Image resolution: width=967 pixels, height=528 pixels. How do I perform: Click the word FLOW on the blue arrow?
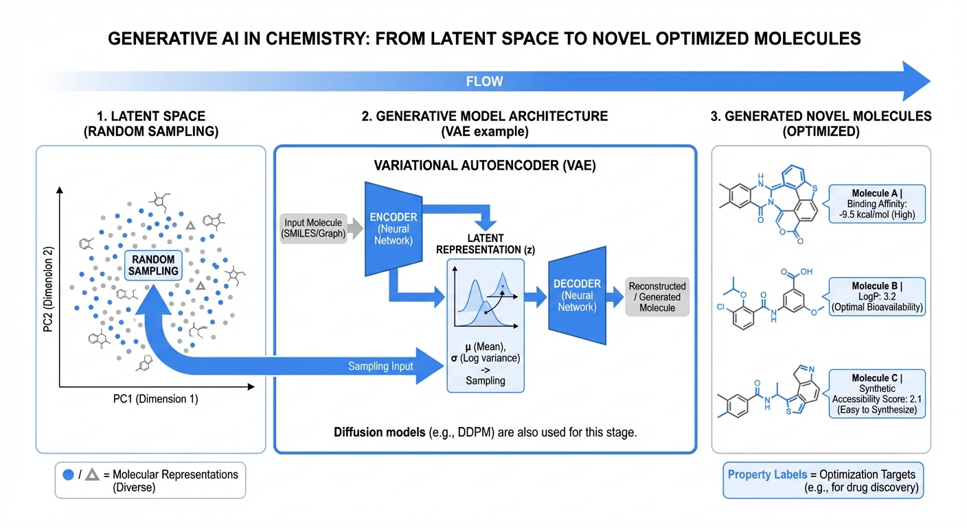click(484, 81)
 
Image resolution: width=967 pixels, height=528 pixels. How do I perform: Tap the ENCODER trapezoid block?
click(389, 228)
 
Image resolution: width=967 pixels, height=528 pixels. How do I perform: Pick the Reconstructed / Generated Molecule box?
click(657, 297)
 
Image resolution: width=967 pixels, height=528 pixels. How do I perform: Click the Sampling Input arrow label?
click(380, 366)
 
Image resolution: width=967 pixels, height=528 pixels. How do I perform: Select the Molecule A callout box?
click(877, 204)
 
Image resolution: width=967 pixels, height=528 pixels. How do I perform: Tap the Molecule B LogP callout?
click(877, 296)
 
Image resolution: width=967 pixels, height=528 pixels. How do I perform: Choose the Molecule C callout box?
click(877, 394)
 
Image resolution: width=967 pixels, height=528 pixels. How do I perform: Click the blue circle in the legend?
click(68, 474)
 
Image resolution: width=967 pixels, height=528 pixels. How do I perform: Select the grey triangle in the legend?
click(92, 474)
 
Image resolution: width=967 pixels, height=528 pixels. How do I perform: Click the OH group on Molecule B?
click(806, 272)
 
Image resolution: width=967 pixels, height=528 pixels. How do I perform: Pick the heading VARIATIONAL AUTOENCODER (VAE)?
click(485, 166)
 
